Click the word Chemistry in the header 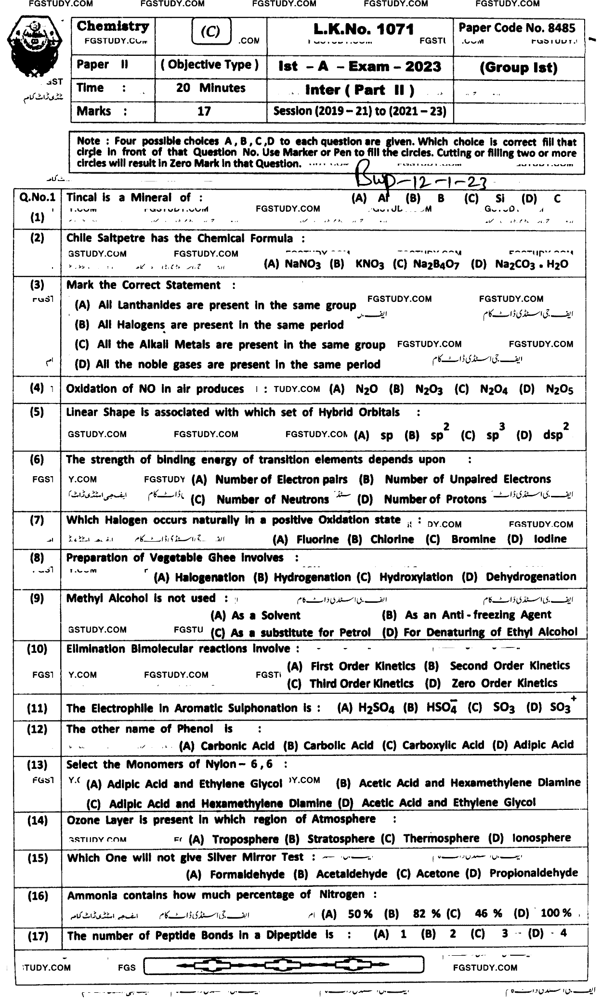pyautogui.click(x=113, y=26)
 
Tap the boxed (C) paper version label pyautogui.click(x=210, y=32)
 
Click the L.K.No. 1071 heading pyautogui.click(x=364, y=29)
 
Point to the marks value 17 pyautogui.click(x=204, y=112)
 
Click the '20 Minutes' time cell pyautogui.click(x=210, y=89)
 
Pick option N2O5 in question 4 pyautogui.click(x=560, y=390)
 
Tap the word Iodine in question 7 pyautogui.click(x=550, y=539)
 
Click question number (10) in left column pyautogui.click(x=37, y=649)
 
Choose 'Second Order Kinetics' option pyautogui.click(x=510, y=666)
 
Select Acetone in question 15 pyautogui.click(x=438, y=874)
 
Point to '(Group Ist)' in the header pyautogui.click(x=519, y=68)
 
